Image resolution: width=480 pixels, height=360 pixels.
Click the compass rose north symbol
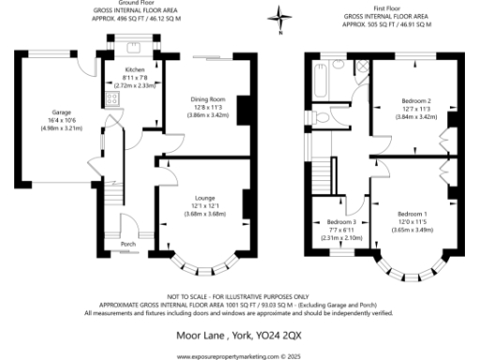coord(279,16)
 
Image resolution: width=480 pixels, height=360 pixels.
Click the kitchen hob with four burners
coord(112,97)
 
